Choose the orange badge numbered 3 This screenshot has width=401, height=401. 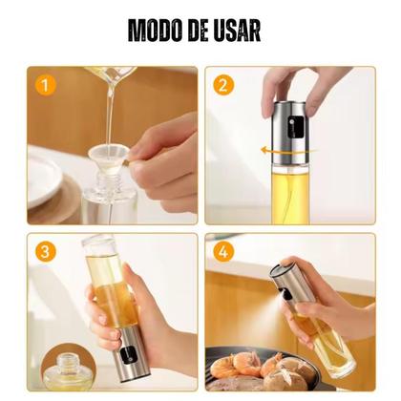(43, 254)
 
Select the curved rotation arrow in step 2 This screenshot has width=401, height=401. (277, 149)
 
